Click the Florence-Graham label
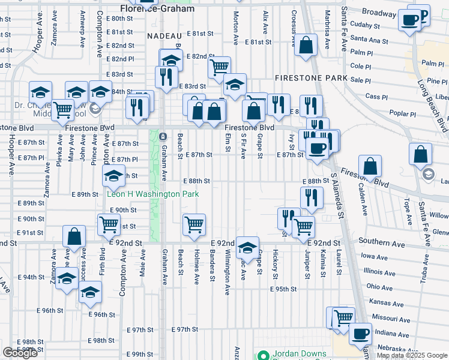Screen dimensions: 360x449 pos(157,9)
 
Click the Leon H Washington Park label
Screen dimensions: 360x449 pos(152,194)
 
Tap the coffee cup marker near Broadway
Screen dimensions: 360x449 pos(411,20)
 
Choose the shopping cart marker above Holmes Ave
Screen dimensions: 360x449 pos(194,225)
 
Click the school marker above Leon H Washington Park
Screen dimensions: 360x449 pos(112,176)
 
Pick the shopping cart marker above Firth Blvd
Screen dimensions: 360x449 pos(109,225)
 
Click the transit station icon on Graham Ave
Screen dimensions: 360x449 pos(163,136)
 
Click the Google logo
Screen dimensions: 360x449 pos(20,352)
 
